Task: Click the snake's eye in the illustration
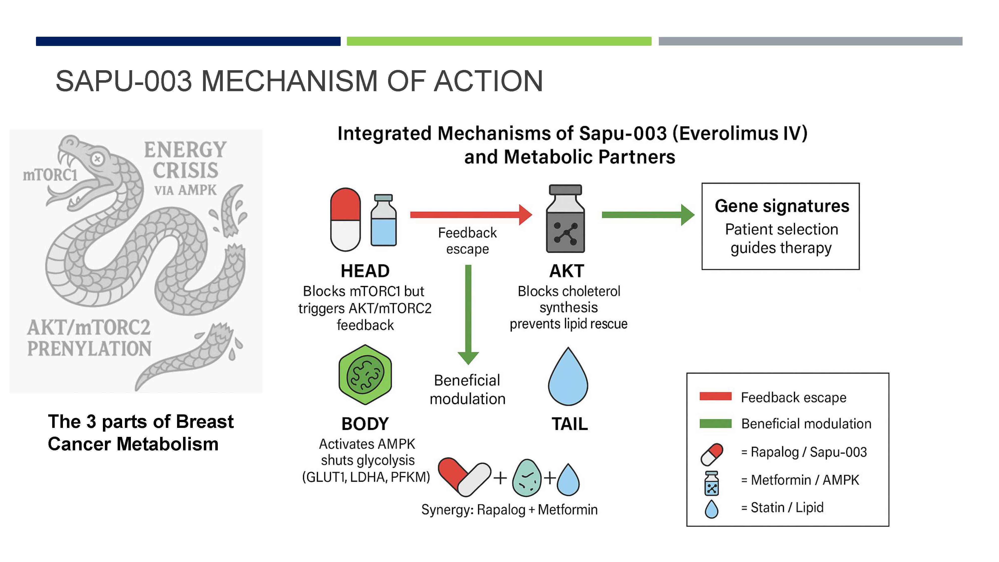point(97,159)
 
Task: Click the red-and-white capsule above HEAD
point(345,220)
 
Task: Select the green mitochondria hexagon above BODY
point(365,375)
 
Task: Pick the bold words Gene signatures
point(782,206)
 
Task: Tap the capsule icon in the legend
point(712,454)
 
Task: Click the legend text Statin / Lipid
point(787,507)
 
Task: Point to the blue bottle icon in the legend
point(712,483)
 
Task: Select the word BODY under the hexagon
point(365,424)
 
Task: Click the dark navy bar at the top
point(188,41)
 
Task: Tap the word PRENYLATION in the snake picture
point(89,348)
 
